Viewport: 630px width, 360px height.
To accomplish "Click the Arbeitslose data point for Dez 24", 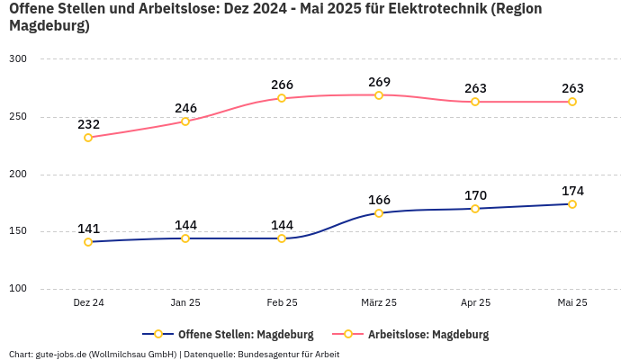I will tap(88, 138).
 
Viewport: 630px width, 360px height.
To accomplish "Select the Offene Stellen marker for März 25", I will tap(379, 213).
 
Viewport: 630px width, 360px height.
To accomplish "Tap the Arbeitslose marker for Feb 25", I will tap(282, 98).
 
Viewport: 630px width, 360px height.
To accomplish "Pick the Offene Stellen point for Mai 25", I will tap(572, 204).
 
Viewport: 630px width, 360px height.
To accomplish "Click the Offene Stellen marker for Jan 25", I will tap(185, 238).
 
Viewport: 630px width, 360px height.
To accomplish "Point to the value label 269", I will tap(379, 83).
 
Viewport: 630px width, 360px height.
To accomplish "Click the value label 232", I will tap(88, 124).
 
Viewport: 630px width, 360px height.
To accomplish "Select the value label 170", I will tap(476, 195).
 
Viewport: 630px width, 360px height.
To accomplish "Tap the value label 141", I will tap(88, 229).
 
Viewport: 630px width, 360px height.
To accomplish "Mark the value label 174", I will tap(572, 191).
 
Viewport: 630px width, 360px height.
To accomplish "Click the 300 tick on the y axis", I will tap(19, 59).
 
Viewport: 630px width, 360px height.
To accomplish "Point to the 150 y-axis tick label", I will tap(19, 231).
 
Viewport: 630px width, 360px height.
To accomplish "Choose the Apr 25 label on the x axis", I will tap(476, 303).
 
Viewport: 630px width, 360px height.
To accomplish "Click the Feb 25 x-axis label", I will tap(282, 303).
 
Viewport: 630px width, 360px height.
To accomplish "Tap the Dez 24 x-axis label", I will tap(88, 303).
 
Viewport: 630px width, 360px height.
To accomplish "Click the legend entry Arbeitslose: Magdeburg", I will tap(427, 335).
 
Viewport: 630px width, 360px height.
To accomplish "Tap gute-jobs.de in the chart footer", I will tap(64, 355).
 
